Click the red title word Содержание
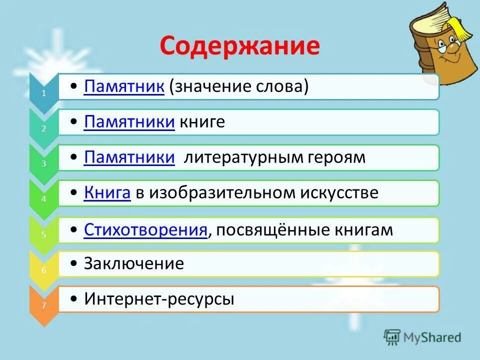point(240,46)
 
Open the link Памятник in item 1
point(124,87)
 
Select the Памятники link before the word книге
point(129,122)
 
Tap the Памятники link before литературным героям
point(129,158)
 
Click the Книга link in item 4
point(107,193)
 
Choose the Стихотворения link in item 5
point(145,230)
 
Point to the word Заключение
point(134,263)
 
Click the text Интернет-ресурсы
point(159,299)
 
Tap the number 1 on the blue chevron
point(43,93)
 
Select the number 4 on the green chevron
point(43,198)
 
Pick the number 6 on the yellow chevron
point(43,270)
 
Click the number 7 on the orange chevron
point(43,306)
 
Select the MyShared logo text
point(432,337)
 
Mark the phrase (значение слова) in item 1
point(238,87)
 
